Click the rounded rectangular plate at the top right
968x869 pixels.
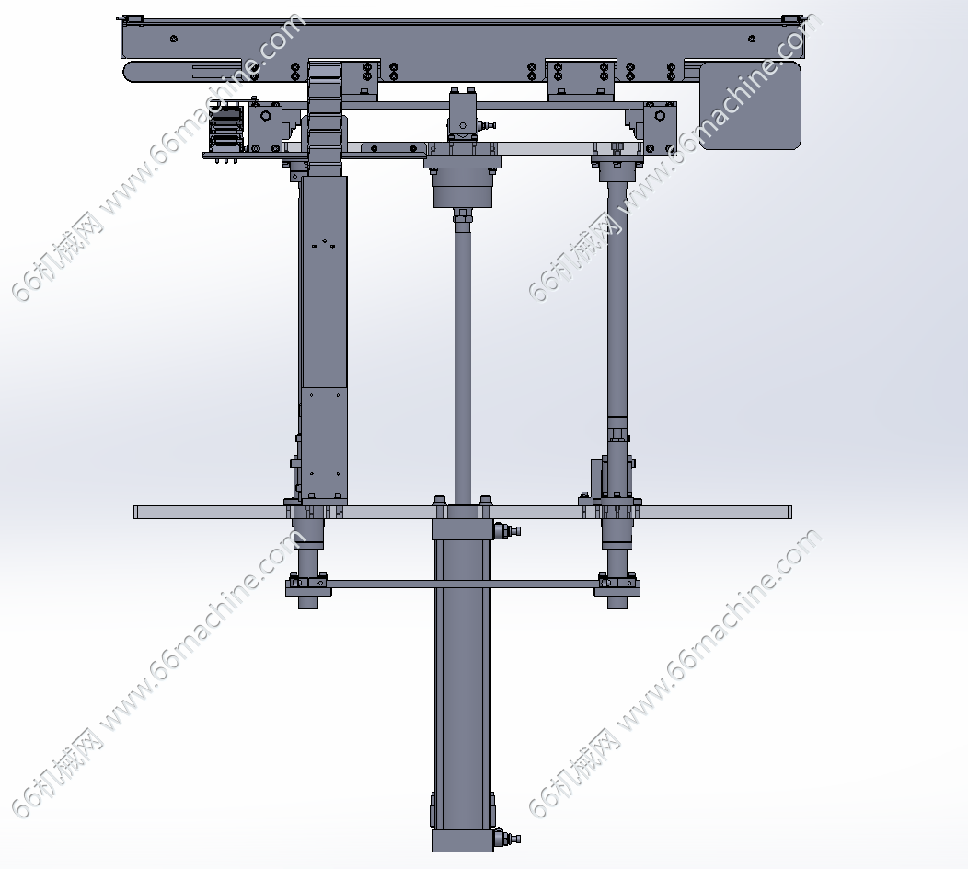750,104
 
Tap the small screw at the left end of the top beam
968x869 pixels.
174,39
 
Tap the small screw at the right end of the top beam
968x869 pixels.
752,39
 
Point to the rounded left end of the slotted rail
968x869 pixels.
131,72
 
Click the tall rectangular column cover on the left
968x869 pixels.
324,337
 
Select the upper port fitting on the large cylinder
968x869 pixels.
507,530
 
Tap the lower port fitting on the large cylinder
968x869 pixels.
507,838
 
